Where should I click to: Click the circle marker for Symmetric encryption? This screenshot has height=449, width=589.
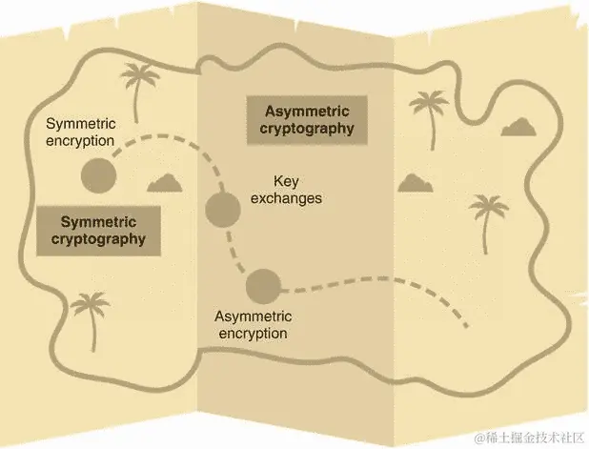(96, 175)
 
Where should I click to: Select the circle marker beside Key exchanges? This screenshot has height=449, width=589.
(222, 208)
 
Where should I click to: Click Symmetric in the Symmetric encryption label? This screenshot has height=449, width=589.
(80, 125)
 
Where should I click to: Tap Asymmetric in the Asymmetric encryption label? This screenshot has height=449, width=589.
(252, 316)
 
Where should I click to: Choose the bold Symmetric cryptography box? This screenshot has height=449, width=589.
(96, 230)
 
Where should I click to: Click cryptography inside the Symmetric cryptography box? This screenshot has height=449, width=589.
(96, 239)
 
